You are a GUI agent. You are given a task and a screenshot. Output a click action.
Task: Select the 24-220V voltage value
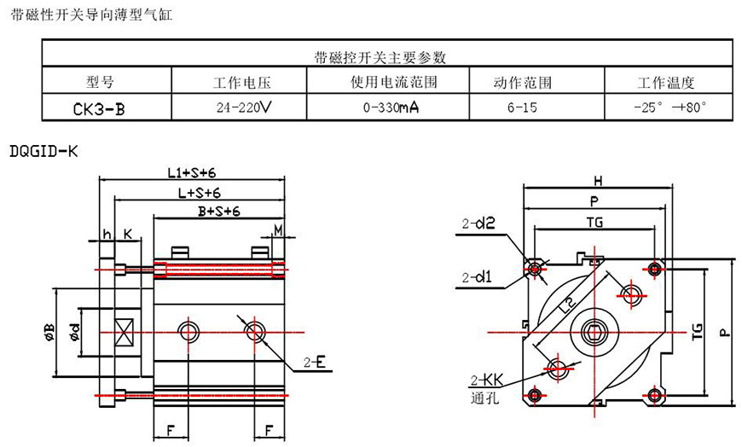point(244,107)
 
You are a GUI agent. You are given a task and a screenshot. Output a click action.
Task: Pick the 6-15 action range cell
point(522,108)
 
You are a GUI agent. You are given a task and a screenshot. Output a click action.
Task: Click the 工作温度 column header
point(665,83)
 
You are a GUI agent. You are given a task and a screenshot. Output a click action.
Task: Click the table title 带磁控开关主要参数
point(380,58)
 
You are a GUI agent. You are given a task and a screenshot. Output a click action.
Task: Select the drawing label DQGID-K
point(43,151)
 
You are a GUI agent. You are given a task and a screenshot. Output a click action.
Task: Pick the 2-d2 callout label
point(478,226)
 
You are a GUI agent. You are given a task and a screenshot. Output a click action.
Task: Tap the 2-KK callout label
point(481,380)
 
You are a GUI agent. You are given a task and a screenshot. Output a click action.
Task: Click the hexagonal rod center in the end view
point(594,331)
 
